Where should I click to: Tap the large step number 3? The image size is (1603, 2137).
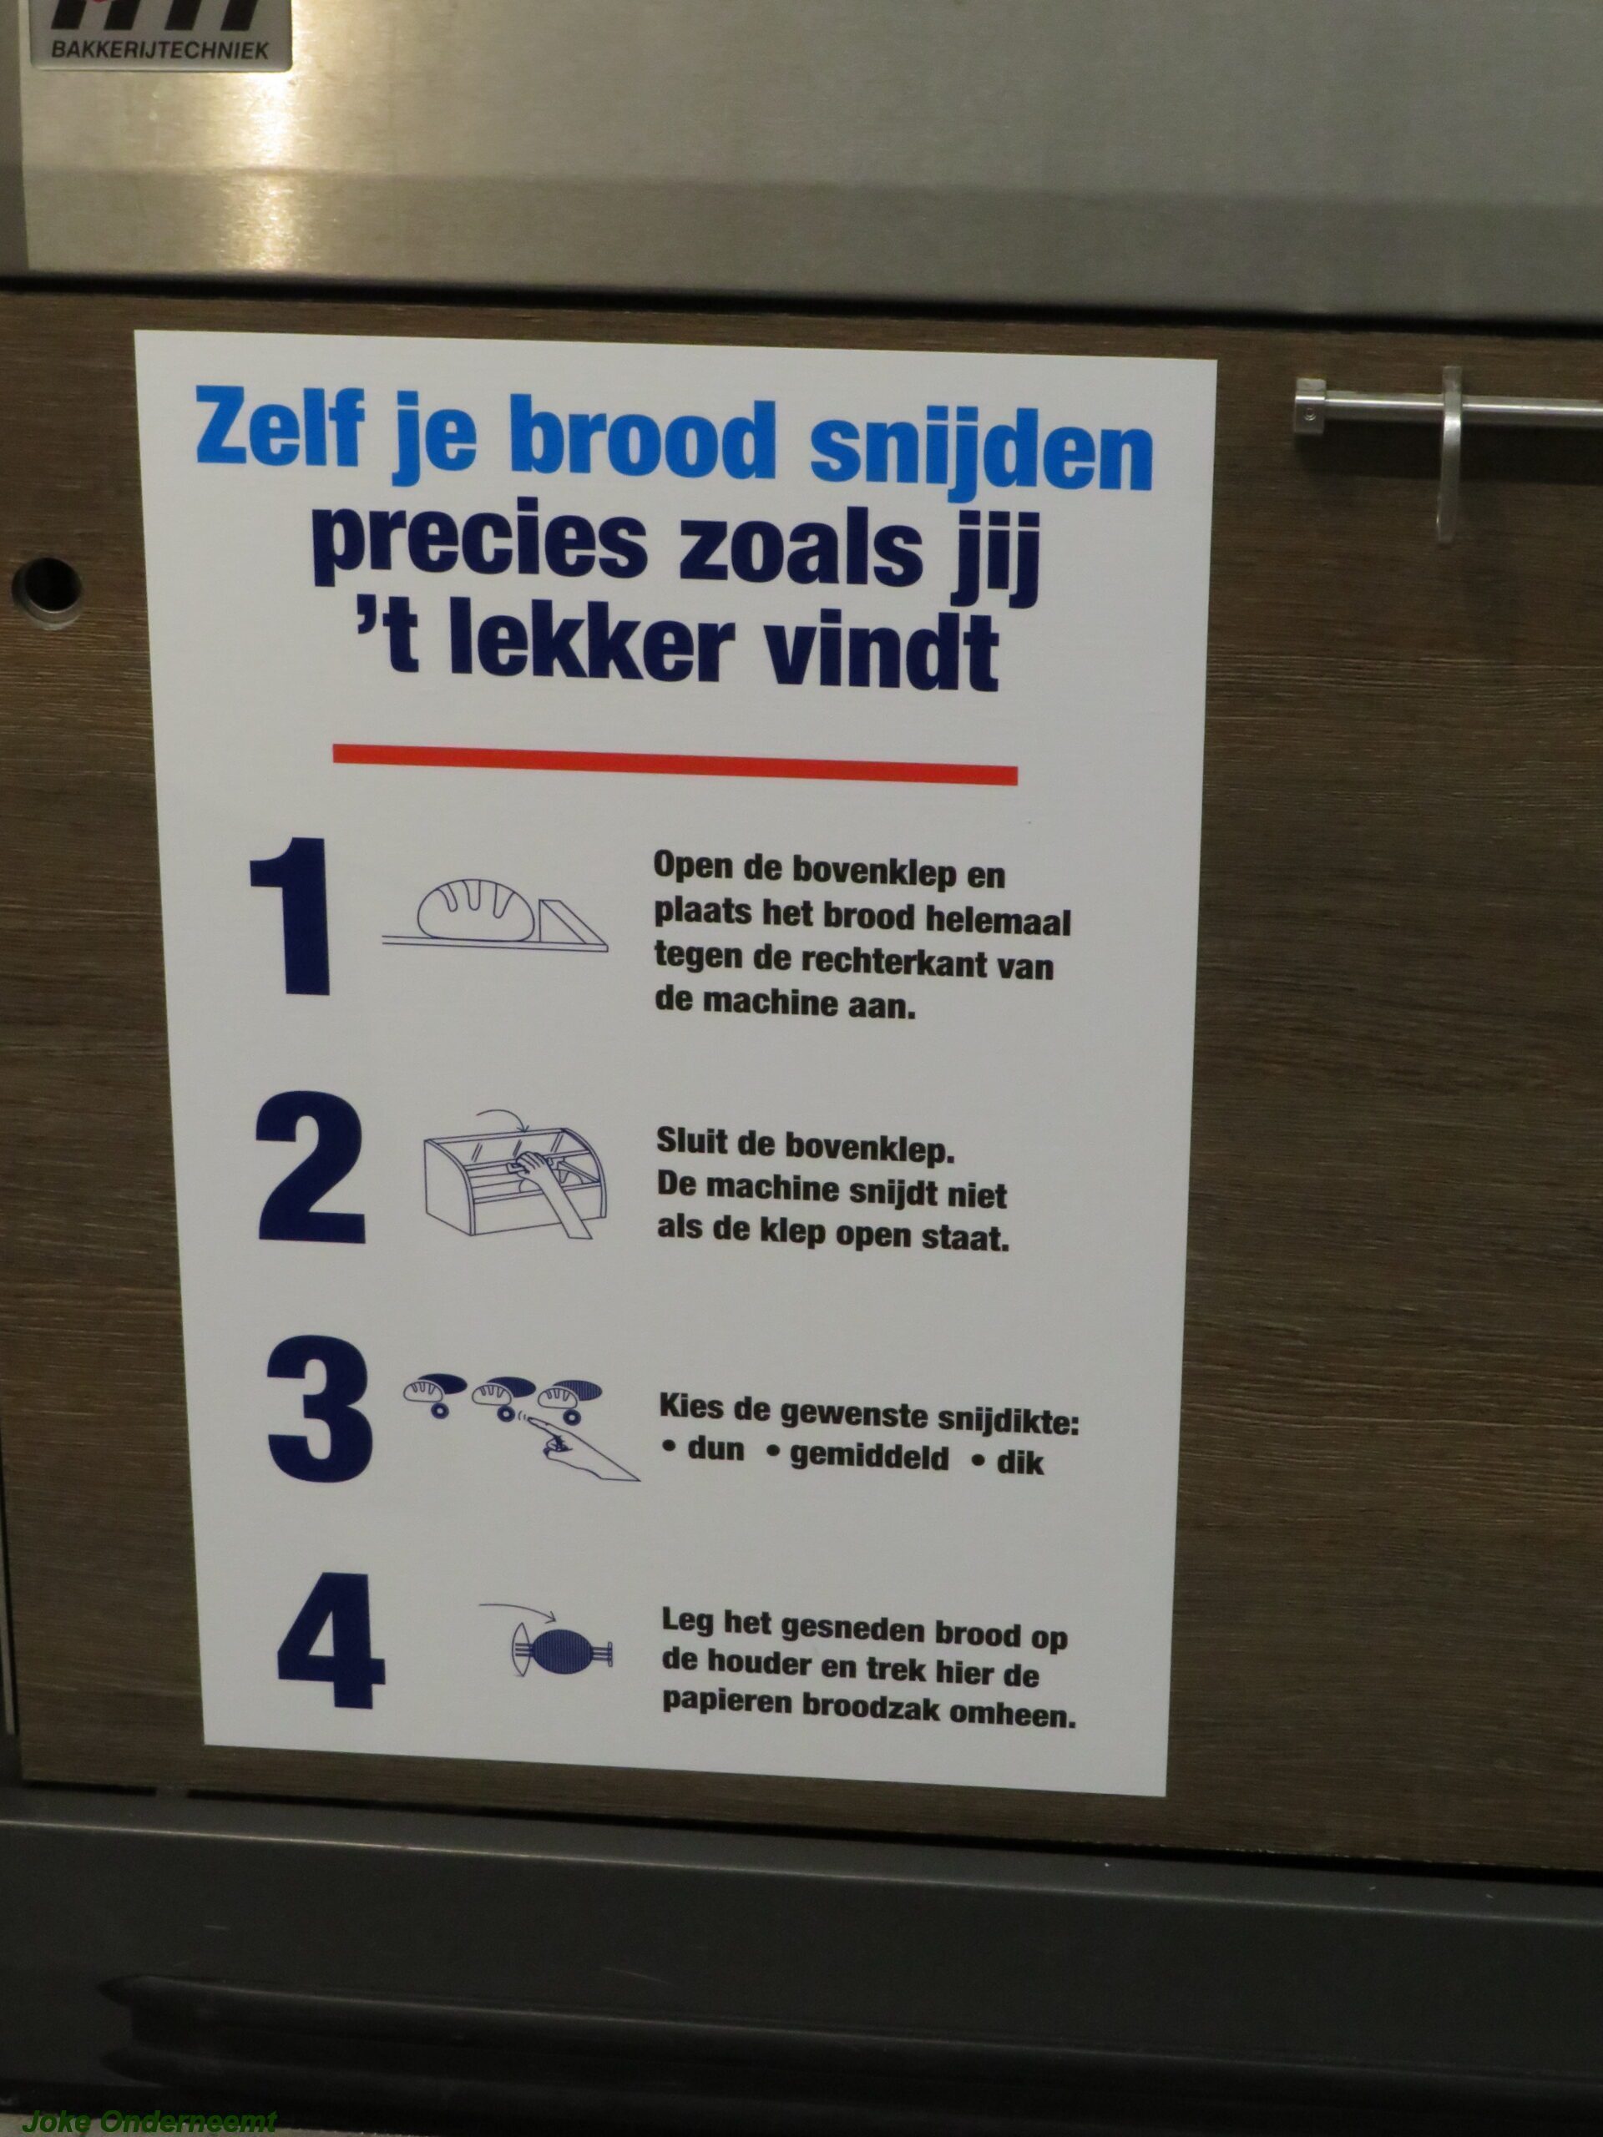tap(320, 1412)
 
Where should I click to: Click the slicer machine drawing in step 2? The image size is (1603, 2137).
tap(514, 1183)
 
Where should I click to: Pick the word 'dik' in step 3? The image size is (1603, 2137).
tap(1021, 1461)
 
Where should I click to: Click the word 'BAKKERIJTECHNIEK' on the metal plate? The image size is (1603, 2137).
tap(159, 48)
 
